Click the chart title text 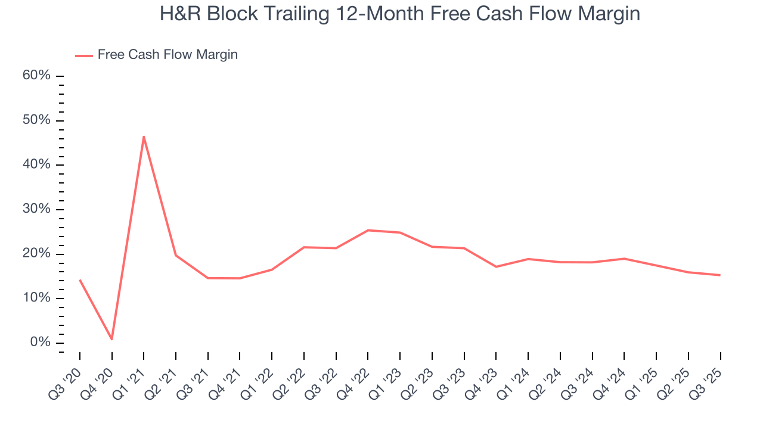(399, 14)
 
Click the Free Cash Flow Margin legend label (168, 55)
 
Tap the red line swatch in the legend (84, 55)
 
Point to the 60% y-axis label (36, 76)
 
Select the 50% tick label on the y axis (36, 120)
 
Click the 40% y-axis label (36, 164)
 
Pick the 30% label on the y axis (36, 209)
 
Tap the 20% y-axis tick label (36, 254)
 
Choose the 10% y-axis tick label (36, 298)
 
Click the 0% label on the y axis (40, 343)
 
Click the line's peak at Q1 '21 (144, 136)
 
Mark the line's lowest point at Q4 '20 (111, 340)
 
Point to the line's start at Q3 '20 (80, 279)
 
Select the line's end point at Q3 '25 (720, 275)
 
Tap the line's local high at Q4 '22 (368, 230)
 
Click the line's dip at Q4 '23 (496, 266)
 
